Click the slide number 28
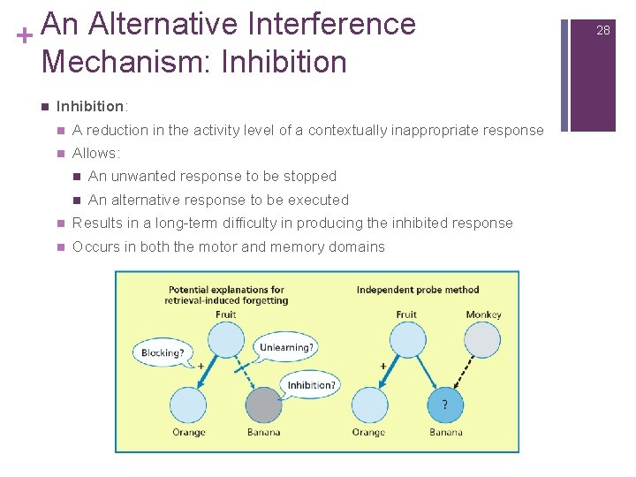(603, 30)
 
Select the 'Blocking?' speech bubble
(163, 353)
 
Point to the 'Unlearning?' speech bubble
(286, 347)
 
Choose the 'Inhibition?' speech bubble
(312, 385)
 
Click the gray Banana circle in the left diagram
(263, 405)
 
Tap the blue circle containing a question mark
(444, 405)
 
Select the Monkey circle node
(482, 340)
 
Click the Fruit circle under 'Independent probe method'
(407, 340)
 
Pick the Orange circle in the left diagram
(189, 405)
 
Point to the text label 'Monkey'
(483, 314)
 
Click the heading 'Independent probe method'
(418, 289)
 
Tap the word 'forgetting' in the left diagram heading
(263, 300)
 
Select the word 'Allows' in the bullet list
(95, 154)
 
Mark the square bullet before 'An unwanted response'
(77, 177)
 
